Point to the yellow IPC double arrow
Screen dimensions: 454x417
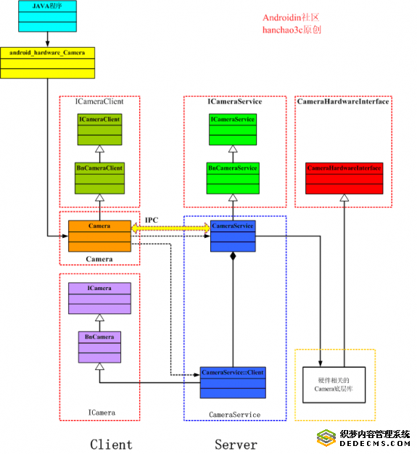point(171,228)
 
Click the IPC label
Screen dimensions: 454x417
point(152,220)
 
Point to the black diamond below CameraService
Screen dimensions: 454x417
point(233,256)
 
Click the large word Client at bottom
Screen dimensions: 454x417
point(111,444)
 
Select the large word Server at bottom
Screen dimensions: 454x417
point(236,444)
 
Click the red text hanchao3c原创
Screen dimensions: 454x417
point(292,30)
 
